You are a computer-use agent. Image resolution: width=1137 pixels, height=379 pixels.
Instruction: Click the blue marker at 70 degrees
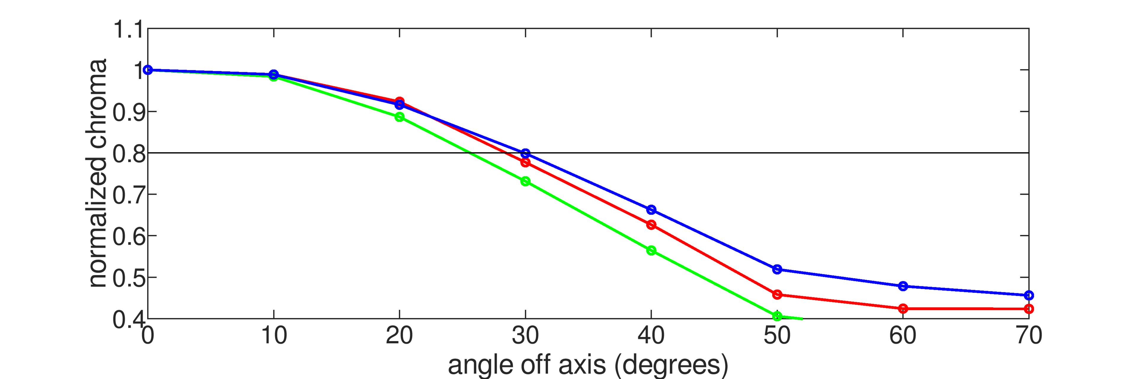[x=1028, y=295]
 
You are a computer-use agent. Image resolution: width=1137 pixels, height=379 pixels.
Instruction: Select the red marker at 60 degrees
[x=903, y=309]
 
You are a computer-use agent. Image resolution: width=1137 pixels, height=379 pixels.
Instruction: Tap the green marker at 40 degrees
[x=651, y=250]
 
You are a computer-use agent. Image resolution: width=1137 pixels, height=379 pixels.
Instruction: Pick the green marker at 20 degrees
[x=399, y=117]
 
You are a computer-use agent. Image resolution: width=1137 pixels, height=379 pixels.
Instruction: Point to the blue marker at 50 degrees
[x=777, y=269]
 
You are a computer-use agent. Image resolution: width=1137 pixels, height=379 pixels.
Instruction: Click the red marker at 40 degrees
[x=651, y=224]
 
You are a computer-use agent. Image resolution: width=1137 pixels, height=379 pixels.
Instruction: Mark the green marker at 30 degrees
[x=525, y=181]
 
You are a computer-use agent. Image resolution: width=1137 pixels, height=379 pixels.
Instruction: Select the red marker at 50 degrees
[x=777, y=294]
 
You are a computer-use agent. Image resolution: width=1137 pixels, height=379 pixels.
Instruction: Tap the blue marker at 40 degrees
[x=651, y=210]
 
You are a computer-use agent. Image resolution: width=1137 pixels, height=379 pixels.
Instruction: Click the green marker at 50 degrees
[x=777, y=316]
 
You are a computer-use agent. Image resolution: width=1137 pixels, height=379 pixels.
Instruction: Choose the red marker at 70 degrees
[x=1028, y=309]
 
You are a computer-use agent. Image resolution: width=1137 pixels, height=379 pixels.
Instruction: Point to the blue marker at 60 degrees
[x=903, y=286]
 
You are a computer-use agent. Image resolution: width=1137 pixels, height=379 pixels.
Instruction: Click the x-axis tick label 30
[x=525, y=336]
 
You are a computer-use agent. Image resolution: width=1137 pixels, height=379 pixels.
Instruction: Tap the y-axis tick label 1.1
[x=128, y=30]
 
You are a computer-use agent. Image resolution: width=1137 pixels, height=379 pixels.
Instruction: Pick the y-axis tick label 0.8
[x=128, y=154]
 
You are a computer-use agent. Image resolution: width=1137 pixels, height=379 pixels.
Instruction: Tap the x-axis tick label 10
[x=274, y=336]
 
